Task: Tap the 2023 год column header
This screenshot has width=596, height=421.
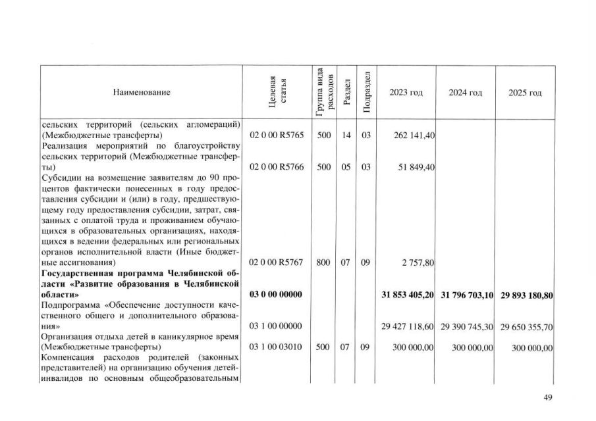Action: (406, 93)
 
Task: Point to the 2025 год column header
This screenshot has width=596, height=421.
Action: (525, 93)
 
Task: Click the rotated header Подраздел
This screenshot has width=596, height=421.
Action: (364, 93)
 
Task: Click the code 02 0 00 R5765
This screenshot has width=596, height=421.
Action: (275, 136)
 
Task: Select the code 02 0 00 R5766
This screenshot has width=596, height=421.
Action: (275, 168)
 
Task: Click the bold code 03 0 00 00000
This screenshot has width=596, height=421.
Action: (275, 295)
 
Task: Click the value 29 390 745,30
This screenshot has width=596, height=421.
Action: (467, 326)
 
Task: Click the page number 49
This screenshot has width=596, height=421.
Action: (547, 397)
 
